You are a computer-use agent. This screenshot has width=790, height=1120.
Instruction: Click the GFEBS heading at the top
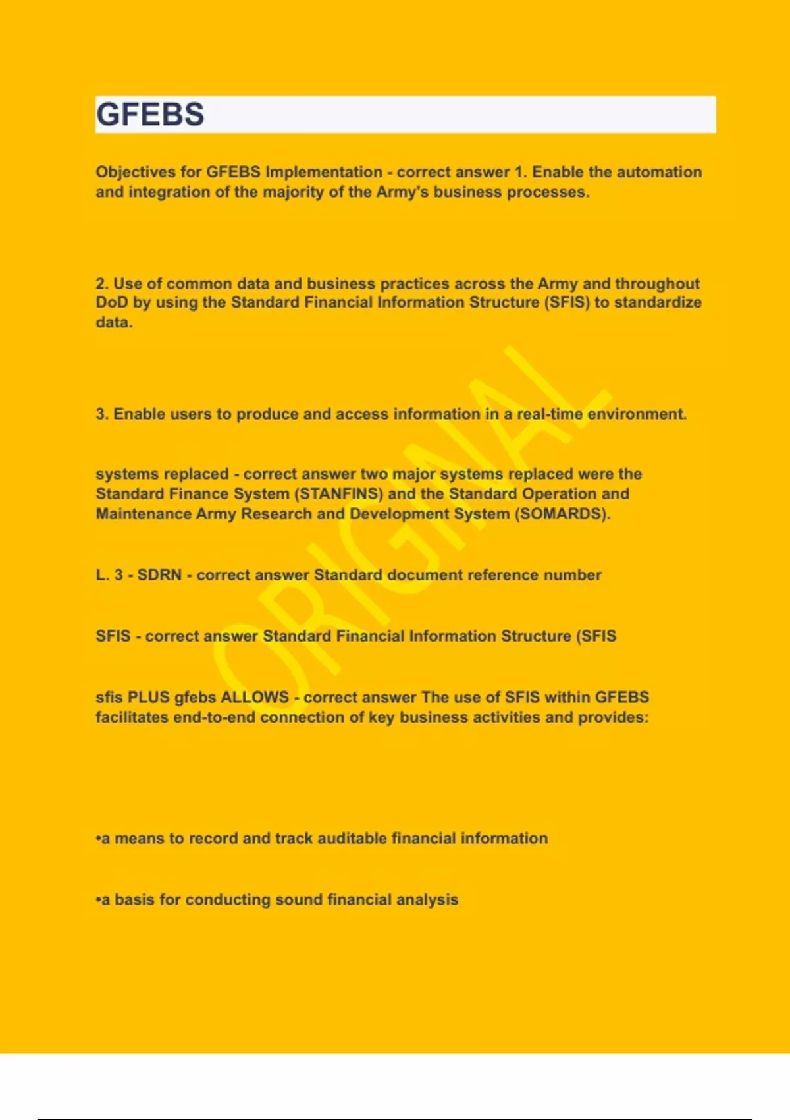click(x=150, y=114)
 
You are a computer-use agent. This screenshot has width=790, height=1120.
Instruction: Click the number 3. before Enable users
click(x=102, y=414)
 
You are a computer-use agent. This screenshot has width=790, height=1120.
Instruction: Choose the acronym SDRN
click(x=159, y=575)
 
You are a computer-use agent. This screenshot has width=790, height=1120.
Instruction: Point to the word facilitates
click(x=132, y=717)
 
